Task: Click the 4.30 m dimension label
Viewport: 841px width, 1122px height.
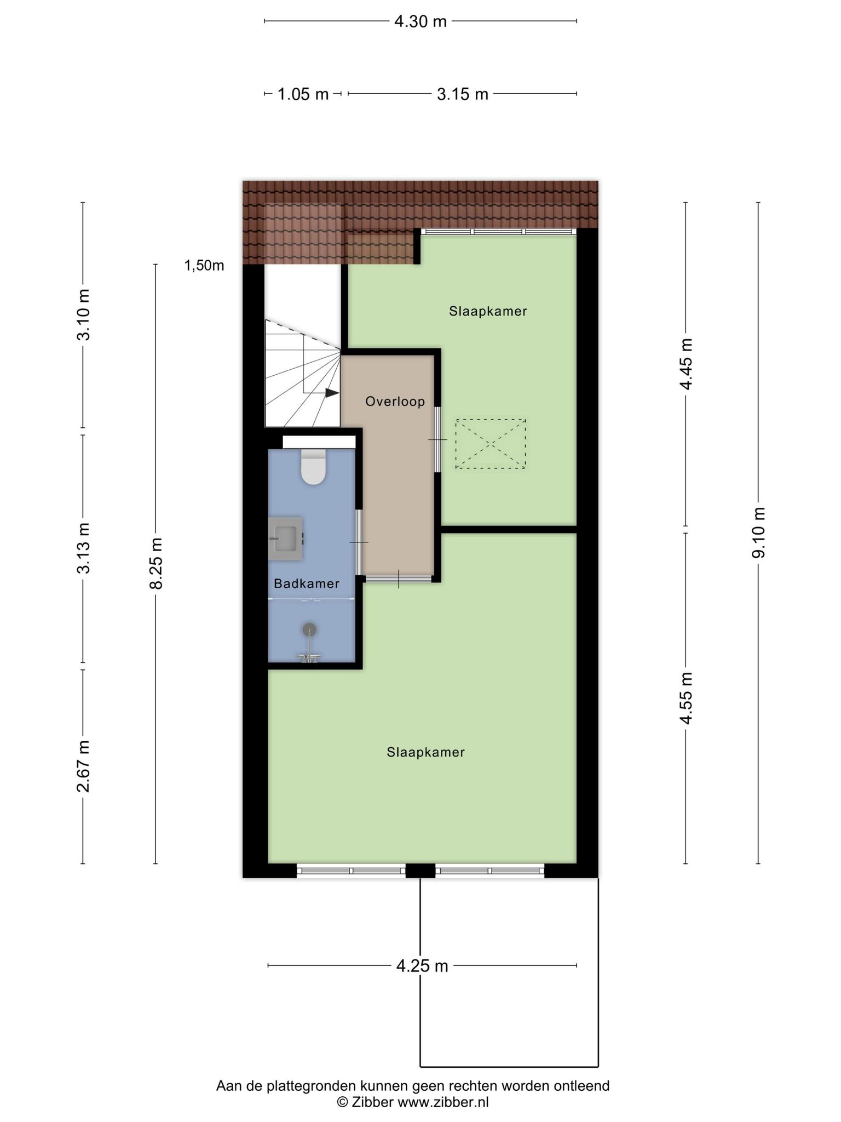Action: [x=420, y=21]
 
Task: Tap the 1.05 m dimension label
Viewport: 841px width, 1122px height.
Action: [x=303, y=94]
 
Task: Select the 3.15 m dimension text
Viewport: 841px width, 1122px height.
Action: [x=462, y=94]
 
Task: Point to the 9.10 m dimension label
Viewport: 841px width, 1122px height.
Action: [x=759, y=533]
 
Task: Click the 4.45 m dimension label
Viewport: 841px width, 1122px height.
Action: [x=686, y=364]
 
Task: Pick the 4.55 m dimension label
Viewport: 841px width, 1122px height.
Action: [x=686, y=698]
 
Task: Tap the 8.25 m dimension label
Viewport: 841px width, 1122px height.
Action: [x=156, y=563]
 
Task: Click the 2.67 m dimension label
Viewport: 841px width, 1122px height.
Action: [x=83, y=766]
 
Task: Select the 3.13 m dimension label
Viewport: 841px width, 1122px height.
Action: [x=83, y=548]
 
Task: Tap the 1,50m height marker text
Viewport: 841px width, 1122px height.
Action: [x=204, y=266]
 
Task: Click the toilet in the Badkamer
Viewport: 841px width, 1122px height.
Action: [x=314, y=467]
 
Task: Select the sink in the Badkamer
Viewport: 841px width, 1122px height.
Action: [x=285, y=538]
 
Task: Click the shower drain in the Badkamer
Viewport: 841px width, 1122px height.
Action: [x=310, y=629]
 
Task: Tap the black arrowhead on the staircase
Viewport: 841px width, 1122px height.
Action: [x=332, y=393]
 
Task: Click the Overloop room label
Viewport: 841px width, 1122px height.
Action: [x=395, y=402]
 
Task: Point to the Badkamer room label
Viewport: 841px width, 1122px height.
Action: [x=307, y=583]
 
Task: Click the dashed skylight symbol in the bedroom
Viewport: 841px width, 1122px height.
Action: [x=491, y=444]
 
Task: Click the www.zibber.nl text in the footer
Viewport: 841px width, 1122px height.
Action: [x=443, y=1102]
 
